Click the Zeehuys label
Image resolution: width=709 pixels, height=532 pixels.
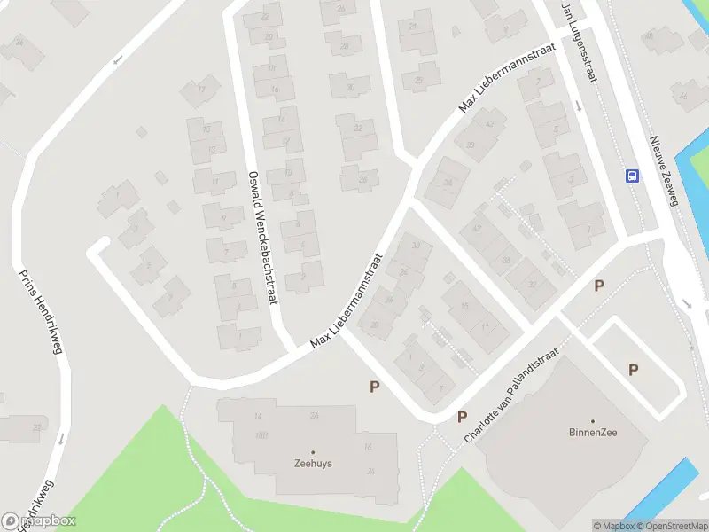point(313,463)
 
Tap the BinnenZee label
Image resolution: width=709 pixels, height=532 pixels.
point(593,433)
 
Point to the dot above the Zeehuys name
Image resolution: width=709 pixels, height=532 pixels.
point(313,452)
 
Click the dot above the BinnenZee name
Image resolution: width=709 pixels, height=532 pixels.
point(593,422)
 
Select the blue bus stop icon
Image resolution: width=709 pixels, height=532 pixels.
point(633,175)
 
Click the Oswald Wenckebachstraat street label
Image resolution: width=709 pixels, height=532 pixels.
point(263,237)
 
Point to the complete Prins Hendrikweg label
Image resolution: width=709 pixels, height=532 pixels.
point(40,310)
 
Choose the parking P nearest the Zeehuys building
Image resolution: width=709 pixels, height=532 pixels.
point(375,387)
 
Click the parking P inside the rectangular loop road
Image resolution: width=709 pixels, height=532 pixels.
point(633,370)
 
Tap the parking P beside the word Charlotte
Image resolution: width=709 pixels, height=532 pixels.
point(462,417)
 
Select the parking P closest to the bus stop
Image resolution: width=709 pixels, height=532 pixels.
point(599,286)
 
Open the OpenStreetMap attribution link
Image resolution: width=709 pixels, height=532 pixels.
point(673,526)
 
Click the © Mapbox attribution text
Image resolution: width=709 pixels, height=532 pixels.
point(614,526)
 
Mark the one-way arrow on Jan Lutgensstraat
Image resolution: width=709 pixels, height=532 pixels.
point(579,106)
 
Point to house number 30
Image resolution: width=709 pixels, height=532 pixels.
point(351,87)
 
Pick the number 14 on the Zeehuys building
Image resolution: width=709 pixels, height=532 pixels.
point(259,416)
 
